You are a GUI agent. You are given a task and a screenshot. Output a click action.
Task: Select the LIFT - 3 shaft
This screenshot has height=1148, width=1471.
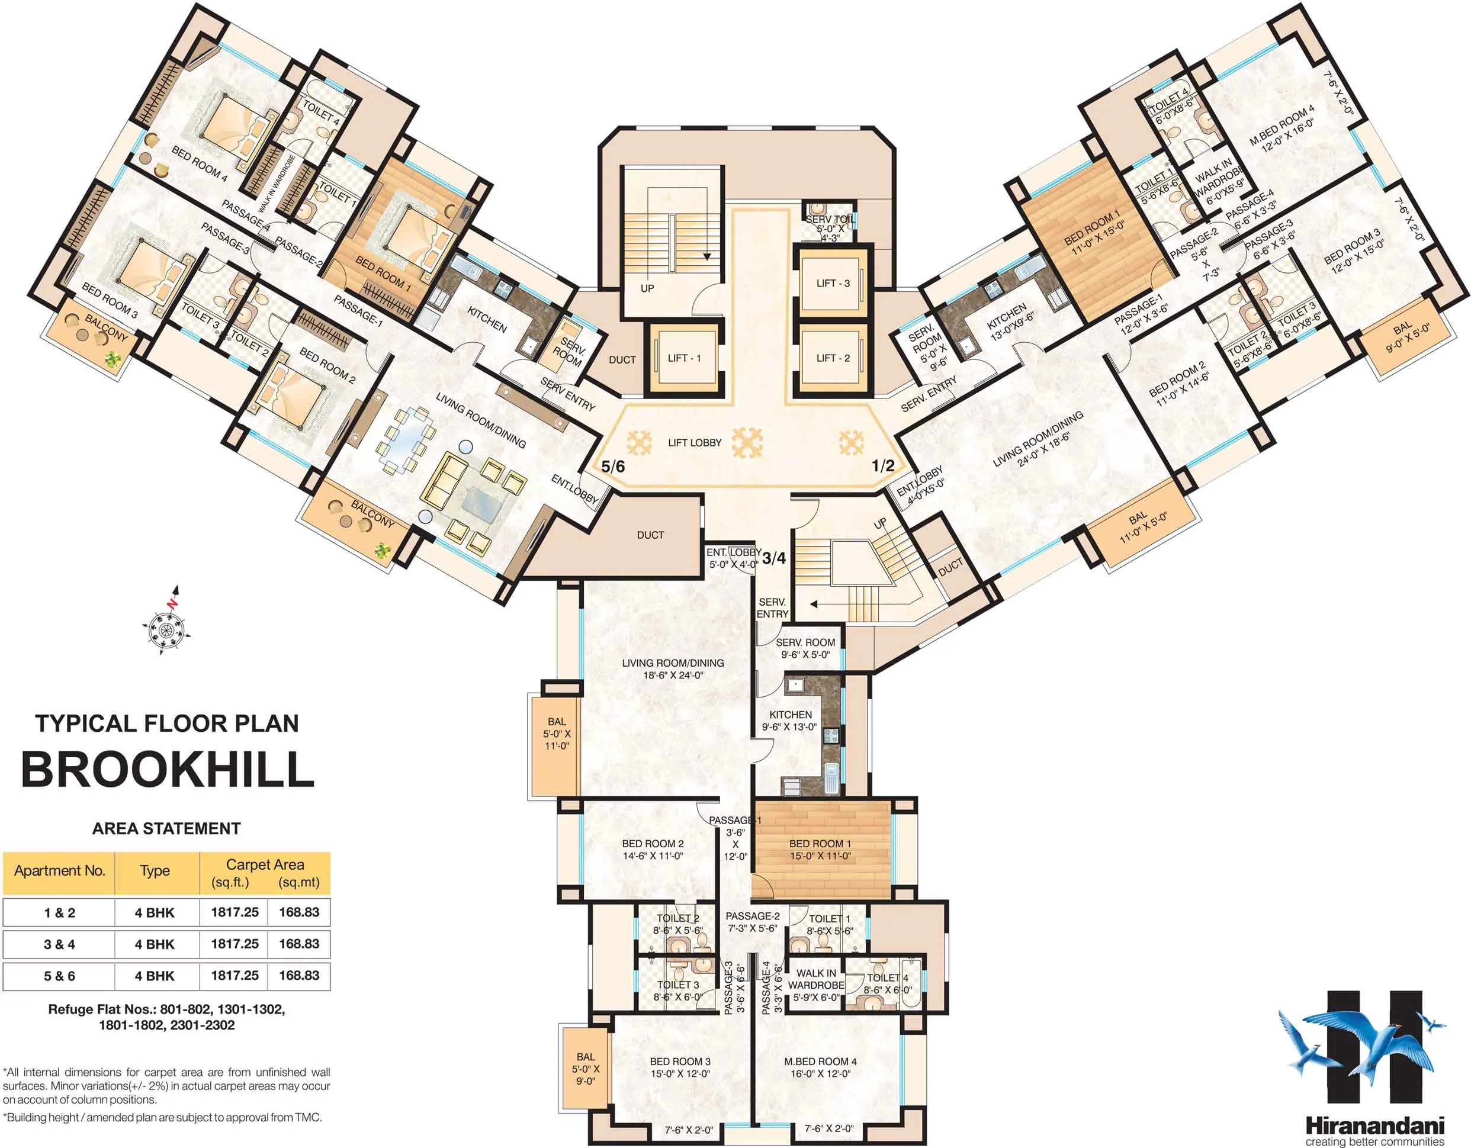[x=833, y=283]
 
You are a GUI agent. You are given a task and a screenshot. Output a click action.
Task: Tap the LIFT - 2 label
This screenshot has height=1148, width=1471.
[x=833, y=358]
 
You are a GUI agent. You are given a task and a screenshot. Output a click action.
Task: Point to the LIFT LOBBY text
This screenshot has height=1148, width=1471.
[x=695, y=443]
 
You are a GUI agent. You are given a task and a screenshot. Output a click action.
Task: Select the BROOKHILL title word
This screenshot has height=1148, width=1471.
[x=168, y=770]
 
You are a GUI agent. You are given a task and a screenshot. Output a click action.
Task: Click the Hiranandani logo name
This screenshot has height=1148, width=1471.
[x=1374, y=1125]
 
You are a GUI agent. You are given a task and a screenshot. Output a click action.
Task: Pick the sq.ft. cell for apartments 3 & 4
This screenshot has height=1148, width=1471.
[x=235, y=944]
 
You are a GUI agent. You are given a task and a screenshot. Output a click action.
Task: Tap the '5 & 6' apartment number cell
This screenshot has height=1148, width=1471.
[x=59, y=976]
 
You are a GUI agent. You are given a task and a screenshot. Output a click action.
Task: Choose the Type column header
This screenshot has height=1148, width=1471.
[x=155, y=872]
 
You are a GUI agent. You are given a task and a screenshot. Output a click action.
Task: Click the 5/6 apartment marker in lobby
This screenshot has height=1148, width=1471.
[x=613, y=466]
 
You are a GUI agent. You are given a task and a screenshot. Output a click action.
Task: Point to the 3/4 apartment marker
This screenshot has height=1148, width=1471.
[x=774, y=558]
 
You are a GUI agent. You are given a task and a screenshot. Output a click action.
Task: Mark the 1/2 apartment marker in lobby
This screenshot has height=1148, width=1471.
[x=883, y=465]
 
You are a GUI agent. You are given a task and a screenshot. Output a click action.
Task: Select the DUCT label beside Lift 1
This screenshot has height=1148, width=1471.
[x=622, y=360]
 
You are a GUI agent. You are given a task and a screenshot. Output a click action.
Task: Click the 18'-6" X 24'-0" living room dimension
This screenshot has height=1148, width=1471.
[x=673, y=676]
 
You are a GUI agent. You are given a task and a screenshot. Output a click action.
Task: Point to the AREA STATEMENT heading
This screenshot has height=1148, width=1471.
[x=166, y=828]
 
